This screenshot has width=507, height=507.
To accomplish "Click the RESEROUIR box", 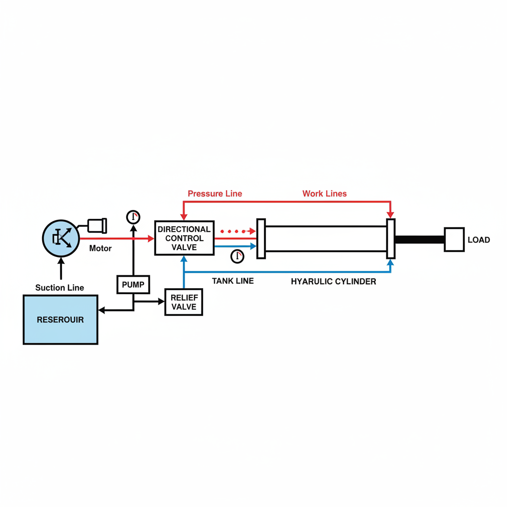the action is pos(60,319).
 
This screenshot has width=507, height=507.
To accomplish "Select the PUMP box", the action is pos(133,285).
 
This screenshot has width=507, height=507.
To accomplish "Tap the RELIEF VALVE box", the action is pos(184,302).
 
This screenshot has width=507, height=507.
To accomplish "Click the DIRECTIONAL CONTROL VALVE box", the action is pos(184,238).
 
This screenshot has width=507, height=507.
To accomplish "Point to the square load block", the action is pos(455,240).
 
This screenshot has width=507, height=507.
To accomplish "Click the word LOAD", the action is pos(479,240).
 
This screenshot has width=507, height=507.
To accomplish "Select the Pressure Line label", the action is pos(215,194).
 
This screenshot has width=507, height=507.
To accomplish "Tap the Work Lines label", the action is pos(325,194).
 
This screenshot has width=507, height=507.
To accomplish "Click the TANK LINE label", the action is pos(233,281).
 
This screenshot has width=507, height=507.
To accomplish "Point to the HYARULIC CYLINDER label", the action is pos(333,282).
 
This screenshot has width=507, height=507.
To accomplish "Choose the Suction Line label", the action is pos(59,288).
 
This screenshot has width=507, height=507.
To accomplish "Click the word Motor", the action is pos(100,249).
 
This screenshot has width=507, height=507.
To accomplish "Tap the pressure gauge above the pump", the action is pos(133,217).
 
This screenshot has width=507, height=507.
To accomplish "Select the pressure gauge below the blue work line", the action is pos(237,256).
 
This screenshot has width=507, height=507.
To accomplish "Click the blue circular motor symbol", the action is pos(61,238).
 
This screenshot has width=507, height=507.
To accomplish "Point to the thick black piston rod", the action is pos(420,240).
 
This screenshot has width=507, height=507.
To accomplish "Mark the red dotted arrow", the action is pos(238,231).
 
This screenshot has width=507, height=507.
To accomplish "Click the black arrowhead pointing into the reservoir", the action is pos(101,310).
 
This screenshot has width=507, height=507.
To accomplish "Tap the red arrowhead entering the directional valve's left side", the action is pos(151,239).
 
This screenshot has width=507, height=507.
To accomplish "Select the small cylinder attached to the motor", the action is pos(98,226).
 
